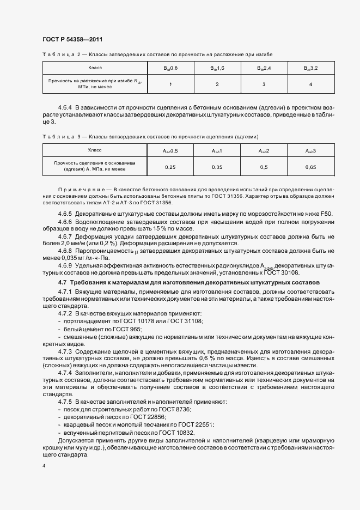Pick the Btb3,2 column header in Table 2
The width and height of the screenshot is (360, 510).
pos(310,68)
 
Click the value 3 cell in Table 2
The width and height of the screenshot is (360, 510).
pos(264,84)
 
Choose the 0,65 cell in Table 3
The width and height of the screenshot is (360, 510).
pos(310,167)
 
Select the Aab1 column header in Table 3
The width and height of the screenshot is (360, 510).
pos(217,150)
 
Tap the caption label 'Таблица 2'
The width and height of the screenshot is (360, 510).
pos(61,55)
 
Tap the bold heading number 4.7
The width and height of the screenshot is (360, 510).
pos(62,282)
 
